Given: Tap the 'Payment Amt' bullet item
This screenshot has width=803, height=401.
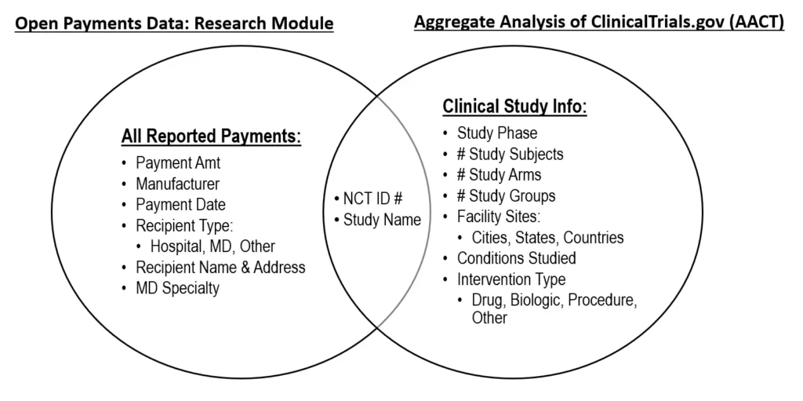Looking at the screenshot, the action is tap(178, 163).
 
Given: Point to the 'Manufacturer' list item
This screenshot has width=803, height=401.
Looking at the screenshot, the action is tap(178, 184).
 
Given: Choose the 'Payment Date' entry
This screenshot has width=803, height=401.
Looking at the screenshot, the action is tap(181, 204).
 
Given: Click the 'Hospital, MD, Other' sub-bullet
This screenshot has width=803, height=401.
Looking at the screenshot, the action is tap(213, 246).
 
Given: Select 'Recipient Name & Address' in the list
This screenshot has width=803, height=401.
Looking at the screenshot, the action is tap(220, 267).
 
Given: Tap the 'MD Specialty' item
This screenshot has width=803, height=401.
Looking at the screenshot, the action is tap(177, 288).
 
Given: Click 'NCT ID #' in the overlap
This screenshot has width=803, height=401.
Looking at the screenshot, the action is tap(372, 199).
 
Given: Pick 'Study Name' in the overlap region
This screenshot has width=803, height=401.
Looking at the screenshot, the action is tap(382, 220).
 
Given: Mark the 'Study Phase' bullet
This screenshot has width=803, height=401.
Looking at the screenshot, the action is tap(497, 133).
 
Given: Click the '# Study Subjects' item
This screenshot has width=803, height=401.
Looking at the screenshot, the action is tap(510, 155).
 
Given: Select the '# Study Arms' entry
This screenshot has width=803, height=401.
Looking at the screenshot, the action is tap(499, 175).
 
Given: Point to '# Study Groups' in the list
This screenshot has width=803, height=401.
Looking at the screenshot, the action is tap(506, 196).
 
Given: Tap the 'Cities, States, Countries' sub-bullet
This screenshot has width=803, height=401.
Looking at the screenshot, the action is tap(548, 238).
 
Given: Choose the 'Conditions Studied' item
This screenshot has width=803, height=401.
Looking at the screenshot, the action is tap(517, 258).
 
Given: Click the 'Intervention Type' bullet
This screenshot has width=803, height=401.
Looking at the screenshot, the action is tap(511, 279).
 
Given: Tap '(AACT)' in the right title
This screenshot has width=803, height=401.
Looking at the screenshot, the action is tap(756, 22).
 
